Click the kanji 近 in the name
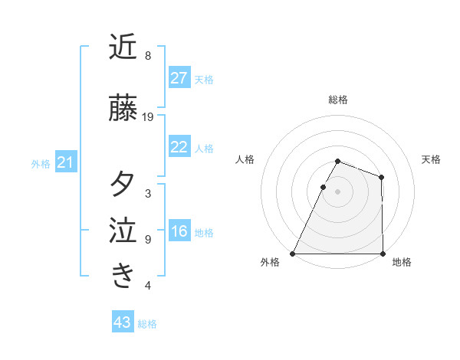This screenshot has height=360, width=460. point(123,47)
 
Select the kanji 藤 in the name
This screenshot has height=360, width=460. point(123,109)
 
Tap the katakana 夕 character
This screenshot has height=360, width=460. point(123,185)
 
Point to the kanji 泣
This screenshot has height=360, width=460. point(123,231)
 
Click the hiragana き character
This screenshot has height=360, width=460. point(123,276)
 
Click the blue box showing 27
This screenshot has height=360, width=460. point(179,78)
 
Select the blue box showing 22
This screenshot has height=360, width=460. point(179,147)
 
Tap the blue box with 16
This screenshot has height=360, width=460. point(179,231)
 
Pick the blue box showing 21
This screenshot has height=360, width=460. point(65,162)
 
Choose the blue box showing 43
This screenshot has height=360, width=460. point(123,322)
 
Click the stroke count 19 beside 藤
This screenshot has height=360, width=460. point(148,117)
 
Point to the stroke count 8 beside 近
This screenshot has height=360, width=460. point(148,56)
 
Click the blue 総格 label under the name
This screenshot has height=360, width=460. point(147,324)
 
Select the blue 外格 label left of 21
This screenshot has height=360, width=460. point(41,164)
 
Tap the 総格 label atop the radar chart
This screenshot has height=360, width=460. point(337,100)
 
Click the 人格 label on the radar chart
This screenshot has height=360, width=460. point(245,159)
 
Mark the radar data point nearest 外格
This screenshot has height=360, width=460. point(293,254)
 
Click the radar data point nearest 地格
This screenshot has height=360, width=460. point(382,254)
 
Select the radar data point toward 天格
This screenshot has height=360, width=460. point(381,177)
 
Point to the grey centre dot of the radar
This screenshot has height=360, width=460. point(337,191)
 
